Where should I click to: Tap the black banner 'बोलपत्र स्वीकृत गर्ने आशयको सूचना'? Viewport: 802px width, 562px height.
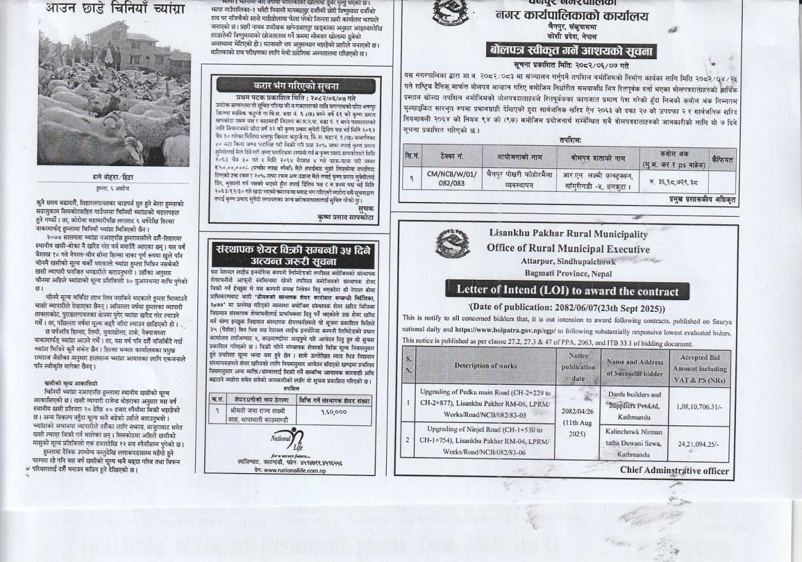[x=571, y=51]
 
